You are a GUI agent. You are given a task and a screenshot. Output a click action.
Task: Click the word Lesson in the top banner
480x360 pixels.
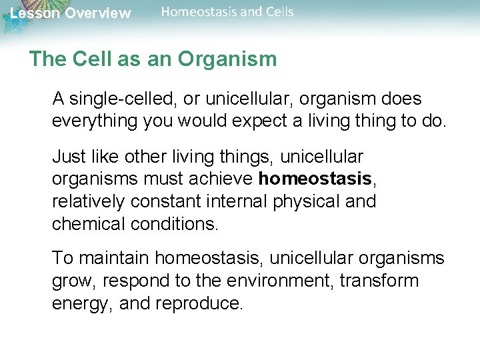coord(34,13)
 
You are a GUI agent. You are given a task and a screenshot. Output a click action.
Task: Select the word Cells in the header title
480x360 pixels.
coord(276,11)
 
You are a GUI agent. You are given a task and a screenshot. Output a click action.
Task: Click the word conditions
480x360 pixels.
coord(175,223)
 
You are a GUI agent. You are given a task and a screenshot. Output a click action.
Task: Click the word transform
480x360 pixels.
coord(379,281)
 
